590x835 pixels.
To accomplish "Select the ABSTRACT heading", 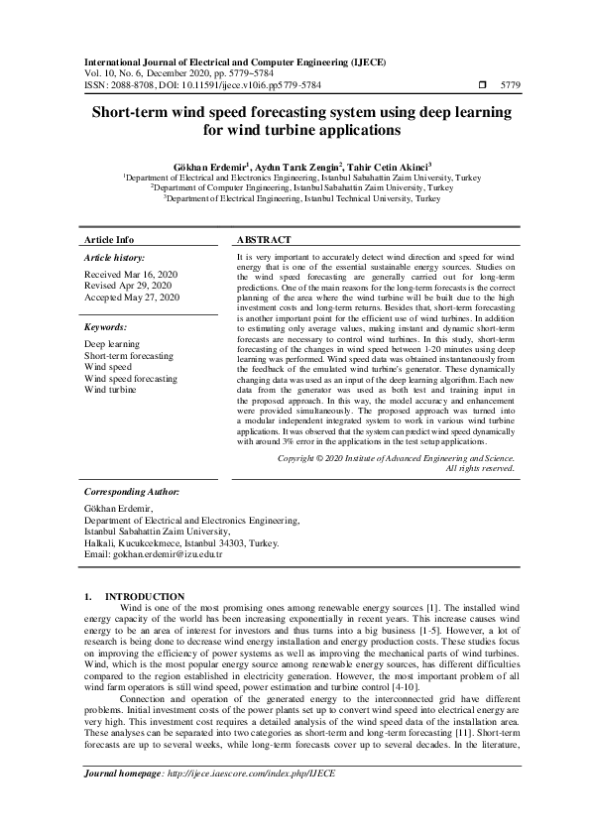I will coord(264,240).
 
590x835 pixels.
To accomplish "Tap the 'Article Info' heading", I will coord(109,240).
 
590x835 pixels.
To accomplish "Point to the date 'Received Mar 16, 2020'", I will coord(131,274).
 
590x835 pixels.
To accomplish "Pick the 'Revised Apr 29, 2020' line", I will coord(129,286).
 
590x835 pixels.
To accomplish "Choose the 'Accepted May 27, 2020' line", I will coord(132,298).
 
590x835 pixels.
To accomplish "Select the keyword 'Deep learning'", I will coord(112,343).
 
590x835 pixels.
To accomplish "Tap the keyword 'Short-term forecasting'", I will coord(128,355).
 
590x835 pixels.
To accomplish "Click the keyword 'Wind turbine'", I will coord(110,391).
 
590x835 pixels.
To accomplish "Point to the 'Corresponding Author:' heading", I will coord(132,491).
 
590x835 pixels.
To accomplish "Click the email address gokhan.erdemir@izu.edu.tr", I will coord(154,554).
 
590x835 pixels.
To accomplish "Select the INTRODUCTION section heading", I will coord(159,595).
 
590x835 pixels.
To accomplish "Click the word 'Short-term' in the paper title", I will coord(141,113).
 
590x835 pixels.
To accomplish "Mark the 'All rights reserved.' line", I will coord(481,468).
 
